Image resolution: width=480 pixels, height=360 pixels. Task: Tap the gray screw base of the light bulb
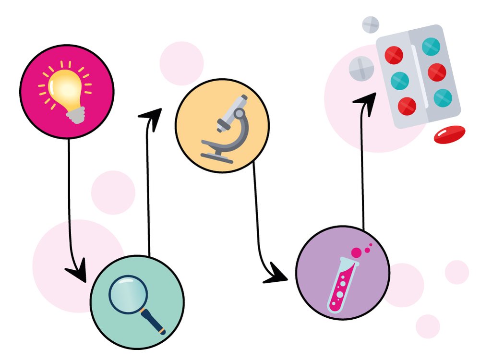pyautogui.click(x=76, y=115)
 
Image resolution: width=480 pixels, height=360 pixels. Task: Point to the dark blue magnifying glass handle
pyautogui.click(x=153, y=320)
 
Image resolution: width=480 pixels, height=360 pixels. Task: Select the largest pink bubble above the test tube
pyautogui.click(x=357, y=253)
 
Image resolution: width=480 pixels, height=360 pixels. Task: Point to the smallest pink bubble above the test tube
pyautogui.click(x=371, y=244)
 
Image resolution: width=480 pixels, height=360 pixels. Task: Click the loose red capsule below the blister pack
pyautogui.click(x=449, y=134)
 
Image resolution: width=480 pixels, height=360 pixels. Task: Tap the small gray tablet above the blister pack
pyautogui.click(x=371, y=24)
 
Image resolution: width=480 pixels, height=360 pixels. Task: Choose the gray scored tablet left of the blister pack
pyautogui.click(x=361, y=68)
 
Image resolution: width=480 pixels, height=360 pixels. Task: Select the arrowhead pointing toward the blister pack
pyautogui.click(x=366, y=99)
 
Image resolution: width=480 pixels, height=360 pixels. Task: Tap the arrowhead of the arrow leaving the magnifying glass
pyautogui.click(x=150, y=115)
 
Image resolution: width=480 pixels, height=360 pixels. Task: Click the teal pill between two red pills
pyautogui.click(x=399, y=80)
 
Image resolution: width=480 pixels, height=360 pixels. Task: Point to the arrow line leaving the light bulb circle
pyautogui.click(x=69, y=192)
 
